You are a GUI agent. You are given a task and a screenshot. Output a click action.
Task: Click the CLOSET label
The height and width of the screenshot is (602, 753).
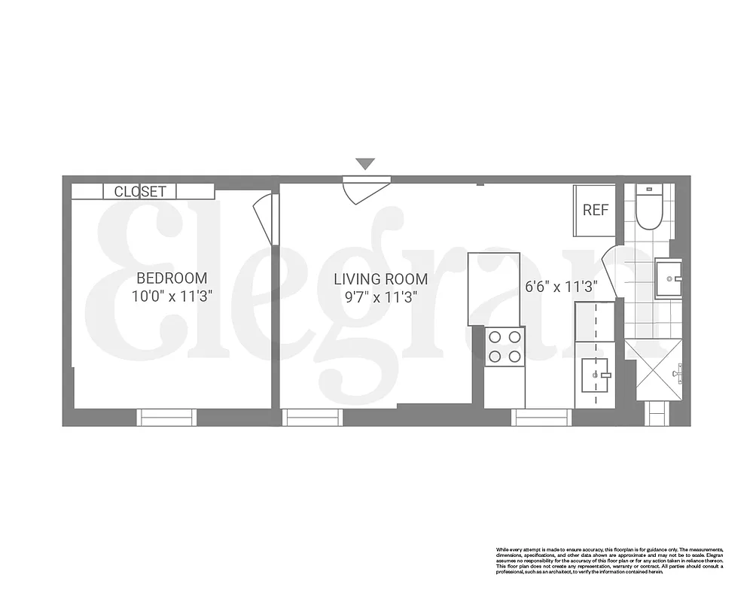coord(140,192)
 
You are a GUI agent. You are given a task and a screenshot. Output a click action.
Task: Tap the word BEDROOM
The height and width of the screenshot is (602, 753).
coord(172,278)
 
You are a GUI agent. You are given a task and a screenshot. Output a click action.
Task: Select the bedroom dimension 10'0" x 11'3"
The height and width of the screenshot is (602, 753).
coord(172,296)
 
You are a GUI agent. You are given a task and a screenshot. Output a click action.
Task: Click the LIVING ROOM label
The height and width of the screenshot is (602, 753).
coord(381,279)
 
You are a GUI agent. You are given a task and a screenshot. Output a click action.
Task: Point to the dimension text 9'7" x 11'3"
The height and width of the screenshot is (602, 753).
coord(381,296)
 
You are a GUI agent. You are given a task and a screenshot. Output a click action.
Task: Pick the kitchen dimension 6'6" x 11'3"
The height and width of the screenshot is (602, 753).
coord(561,287)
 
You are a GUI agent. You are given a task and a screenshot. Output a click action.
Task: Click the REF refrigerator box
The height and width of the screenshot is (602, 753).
coord(595,210)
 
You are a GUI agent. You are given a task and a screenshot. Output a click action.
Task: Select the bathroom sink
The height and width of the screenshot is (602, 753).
coord(668,278)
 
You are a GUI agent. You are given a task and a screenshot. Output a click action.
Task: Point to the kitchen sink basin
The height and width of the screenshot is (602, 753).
coord(596,374)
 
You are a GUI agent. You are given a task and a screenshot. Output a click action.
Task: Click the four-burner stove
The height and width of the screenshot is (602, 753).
coord(505,347)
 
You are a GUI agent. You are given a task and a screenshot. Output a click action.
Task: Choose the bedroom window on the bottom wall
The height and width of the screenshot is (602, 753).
coord(166,416)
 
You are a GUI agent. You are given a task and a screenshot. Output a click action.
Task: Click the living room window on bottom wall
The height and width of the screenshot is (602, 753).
coord(312,416)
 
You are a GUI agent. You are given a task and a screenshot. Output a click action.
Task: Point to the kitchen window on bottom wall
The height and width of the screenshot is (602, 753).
coord(541,416)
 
